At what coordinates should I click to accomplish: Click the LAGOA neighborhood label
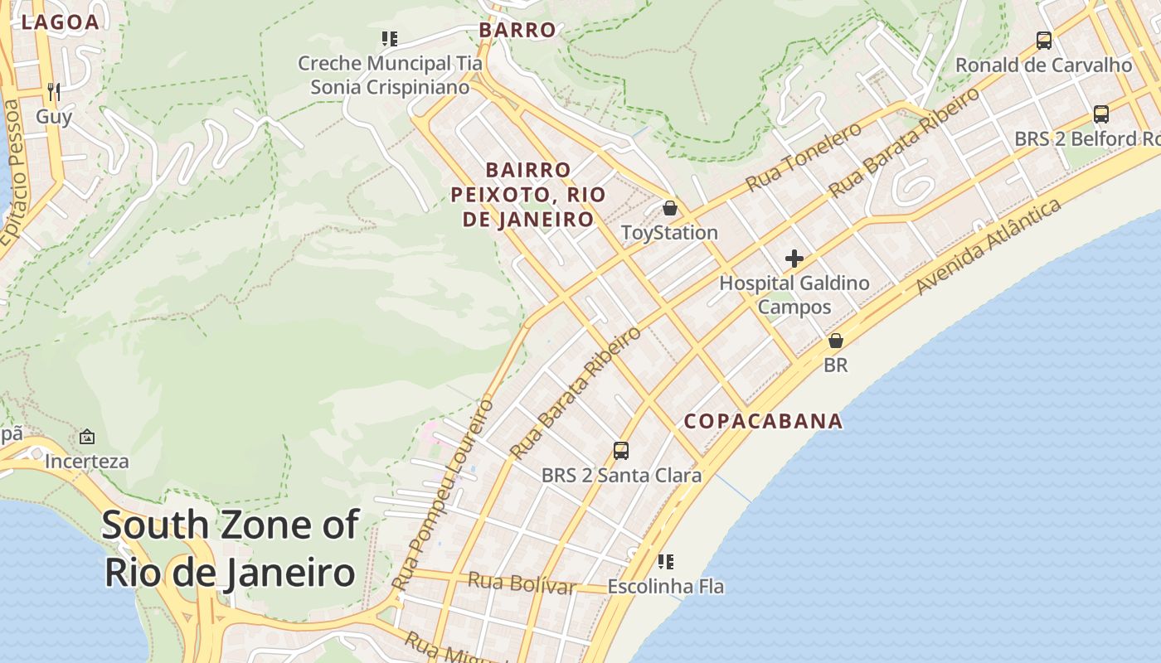61,22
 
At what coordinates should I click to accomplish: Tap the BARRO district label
517,31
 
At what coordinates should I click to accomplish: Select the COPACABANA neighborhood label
763,421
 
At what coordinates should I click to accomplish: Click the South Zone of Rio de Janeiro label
231,549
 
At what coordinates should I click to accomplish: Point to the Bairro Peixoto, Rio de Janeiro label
528,195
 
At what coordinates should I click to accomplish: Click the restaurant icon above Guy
54,91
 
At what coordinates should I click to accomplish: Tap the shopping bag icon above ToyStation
669,208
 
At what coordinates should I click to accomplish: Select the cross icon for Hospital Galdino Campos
794,259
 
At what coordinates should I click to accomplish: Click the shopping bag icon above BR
836,341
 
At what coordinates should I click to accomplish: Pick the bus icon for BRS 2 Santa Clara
621,451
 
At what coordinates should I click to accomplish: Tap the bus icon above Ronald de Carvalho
1044,40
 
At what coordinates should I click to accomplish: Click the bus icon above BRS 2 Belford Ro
1101,114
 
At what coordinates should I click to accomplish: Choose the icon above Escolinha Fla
665,562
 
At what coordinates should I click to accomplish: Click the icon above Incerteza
87,437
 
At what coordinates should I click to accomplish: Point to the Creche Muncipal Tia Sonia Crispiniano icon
390,39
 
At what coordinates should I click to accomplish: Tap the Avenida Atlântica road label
989,245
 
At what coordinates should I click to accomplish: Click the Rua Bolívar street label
521,583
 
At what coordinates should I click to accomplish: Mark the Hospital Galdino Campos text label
794,295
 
